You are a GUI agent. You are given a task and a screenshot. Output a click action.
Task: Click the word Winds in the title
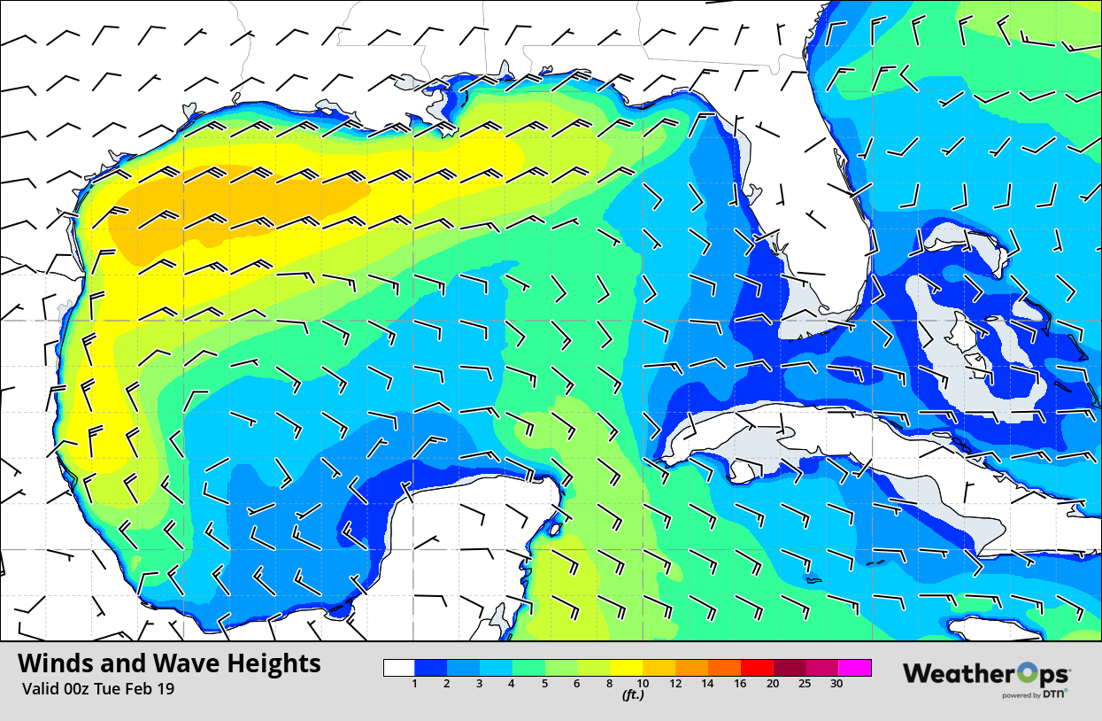(x=55, y=663)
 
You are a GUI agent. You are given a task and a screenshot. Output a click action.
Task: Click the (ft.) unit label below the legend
(x=631, y=695)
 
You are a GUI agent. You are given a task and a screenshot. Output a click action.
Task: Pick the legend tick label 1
(x=414, y=684)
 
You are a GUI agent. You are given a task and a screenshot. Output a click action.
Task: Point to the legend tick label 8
(x=610, y=684)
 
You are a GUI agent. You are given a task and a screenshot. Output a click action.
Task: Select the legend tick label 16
(x=741, y=684)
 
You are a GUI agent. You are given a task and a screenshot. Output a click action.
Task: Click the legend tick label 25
(x=805, y=684)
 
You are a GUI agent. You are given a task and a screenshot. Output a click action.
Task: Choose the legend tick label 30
(x=837, y=684)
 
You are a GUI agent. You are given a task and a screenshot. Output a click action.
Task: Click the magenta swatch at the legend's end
(x=854, y=668)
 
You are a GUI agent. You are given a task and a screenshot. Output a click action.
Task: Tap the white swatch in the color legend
(x=399, y=668)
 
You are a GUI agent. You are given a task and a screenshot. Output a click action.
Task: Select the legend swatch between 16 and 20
(x=757, y=668)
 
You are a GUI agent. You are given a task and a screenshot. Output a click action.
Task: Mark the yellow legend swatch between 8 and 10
(x=626, y=668)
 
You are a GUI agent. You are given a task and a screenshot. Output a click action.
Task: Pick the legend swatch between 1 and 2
(x=431, y=668)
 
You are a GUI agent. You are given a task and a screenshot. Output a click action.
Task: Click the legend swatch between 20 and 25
(x=790, y=668)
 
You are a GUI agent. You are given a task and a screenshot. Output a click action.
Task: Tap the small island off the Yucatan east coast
(x=554, y=531)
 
